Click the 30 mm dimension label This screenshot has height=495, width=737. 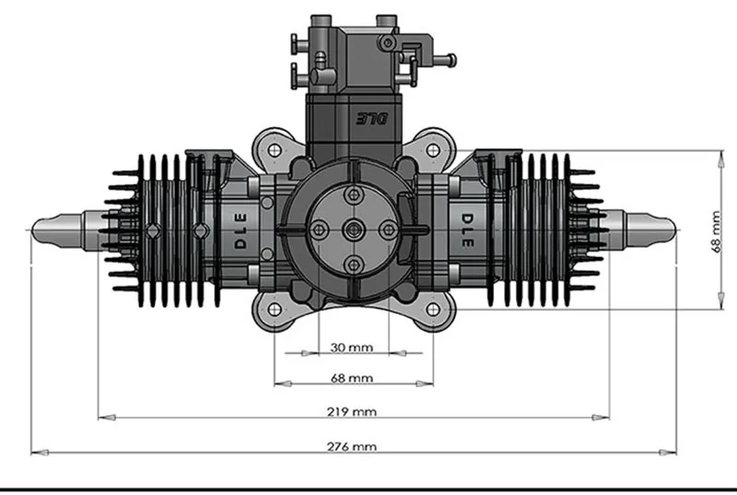pyautogui.click(x=353, y=348)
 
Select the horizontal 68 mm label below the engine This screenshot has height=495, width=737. pyautogui.click(x=353, y=378)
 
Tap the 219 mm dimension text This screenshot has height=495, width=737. pyautogui.click(x=353, y=411)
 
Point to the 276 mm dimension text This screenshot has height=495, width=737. pyautogui.click(x=353, y=446)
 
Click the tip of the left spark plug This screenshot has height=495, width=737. pyautogui.click(x=35, y=227)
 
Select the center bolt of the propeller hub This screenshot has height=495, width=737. pyautogui.click(x=353, y=230)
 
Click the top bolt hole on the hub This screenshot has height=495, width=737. pyautogui.click(x=353, y=194)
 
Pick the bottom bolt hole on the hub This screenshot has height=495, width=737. pyautogui.click(x=353, y=265)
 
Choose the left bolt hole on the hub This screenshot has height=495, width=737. pyautogui.click(x=318, y=230)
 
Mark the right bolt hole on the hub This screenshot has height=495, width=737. pyautogui.click(x=388, y=230)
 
